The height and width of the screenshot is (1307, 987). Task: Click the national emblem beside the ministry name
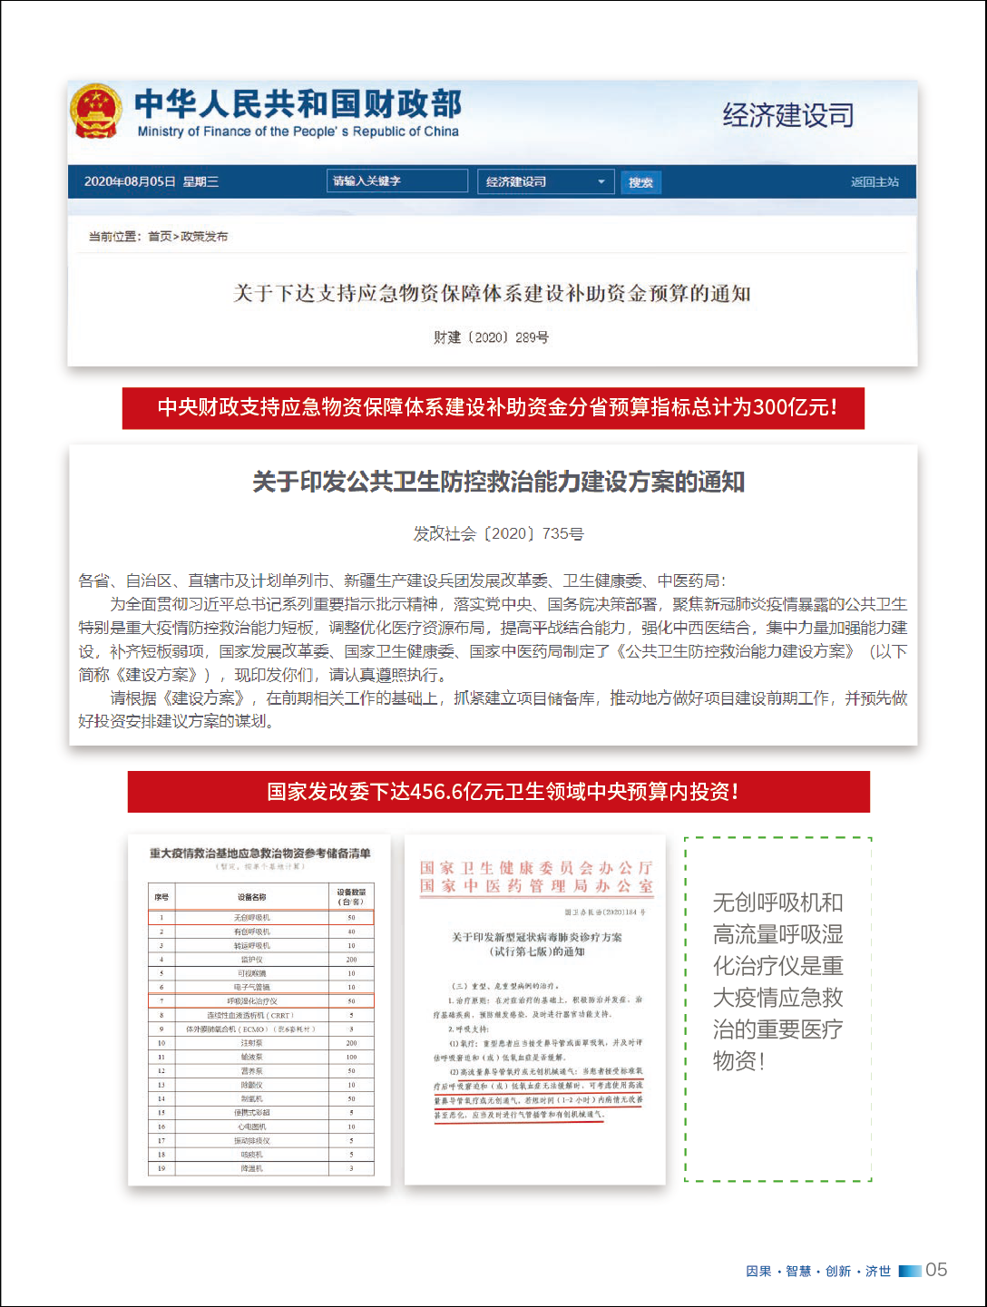click(x=96, y=111)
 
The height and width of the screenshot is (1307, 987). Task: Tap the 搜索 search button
click(x=641, y=182)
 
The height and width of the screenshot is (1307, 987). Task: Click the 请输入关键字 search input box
click(x=397, y=181)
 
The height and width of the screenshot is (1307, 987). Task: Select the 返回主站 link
click(x=875, y=181)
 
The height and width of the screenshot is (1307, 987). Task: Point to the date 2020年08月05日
click(x=130, y=181)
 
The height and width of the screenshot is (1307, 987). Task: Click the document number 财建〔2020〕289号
click(x=491, y=337)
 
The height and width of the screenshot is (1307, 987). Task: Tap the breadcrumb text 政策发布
click(x=204, y=237)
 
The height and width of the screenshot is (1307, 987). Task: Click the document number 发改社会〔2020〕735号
click(x=498, y=533)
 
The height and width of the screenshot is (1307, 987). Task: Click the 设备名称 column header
click(x=251, y=897)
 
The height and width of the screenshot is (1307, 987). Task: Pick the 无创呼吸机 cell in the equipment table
click(x=251, y=918)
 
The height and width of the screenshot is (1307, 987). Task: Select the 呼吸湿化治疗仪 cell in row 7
click(x=251, y=1001)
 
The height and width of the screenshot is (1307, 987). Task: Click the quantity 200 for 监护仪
click(x=351, y=960)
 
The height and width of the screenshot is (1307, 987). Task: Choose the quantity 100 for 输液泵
click(x=351, y=1058)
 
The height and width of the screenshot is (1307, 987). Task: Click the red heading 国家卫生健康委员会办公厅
click(x=535, y=868)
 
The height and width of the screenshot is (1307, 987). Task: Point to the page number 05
click(x=936, y=1270)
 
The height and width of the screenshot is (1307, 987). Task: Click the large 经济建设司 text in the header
click(x=787, y=115)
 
